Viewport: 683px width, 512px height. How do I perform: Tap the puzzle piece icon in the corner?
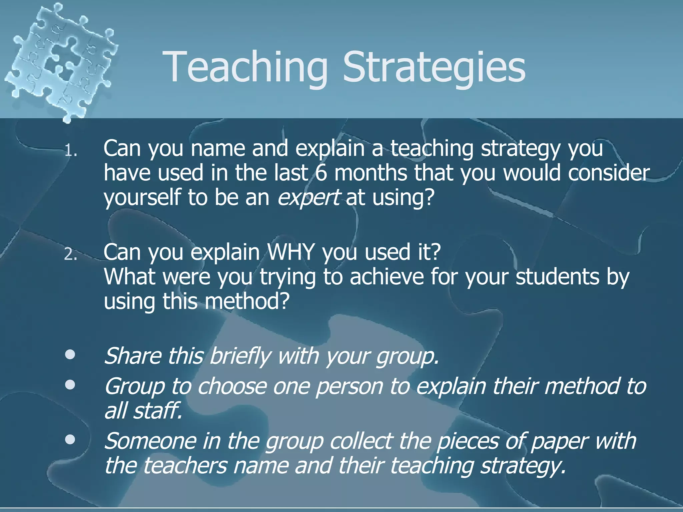[60, 60]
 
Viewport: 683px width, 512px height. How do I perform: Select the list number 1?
[70, 152]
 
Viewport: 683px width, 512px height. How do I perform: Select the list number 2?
[70, 255]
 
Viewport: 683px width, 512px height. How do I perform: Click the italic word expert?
[308, 197]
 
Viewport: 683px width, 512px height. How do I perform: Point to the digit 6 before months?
[321, 173]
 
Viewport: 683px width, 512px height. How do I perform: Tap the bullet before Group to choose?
[70, 385]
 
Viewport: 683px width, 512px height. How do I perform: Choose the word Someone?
[150, 441]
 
